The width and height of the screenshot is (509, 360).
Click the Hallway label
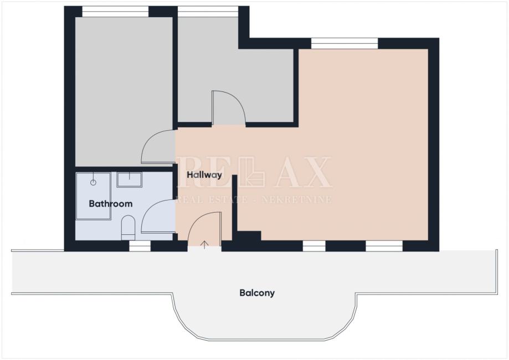pos(204,175)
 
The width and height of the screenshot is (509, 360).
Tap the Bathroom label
pos(111,204)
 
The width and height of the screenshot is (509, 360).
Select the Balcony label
pos(257,293)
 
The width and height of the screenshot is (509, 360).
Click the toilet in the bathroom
pos(128,227)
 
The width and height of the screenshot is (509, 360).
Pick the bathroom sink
pos(129,180)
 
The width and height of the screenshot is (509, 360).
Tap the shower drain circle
pos(93,182)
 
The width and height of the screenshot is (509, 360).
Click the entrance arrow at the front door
pos(204,245)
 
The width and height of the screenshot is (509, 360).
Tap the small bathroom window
pos(140,246)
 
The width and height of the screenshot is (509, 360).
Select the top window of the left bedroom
pos(115,12)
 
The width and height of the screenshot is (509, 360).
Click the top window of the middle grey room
pos(208,12)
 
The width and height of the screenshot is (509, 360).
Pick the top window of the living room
pos(345,44)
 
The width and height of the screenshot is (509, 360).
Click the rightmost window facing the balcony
pos(384,246)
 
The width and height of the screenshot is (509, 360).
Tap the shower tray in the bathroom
pos(94,196)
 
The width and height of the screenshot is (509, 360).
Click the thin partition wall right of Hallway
pos(234,203)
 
